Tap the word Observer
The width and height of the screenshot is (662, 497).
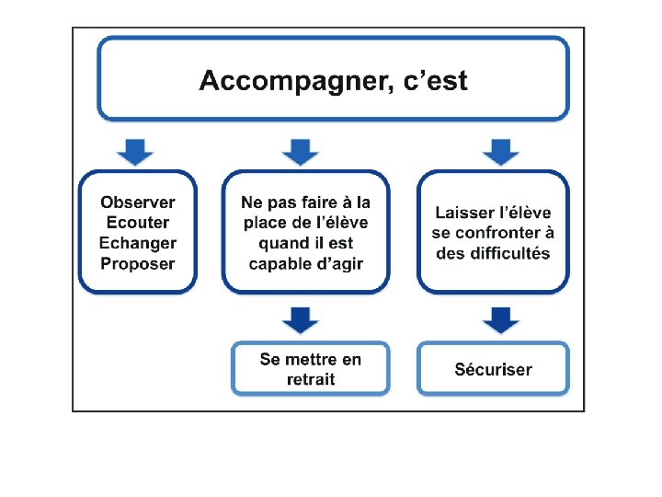[x=138, y=202]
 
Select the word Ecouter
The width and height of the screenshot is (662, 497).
[x=138, y=223]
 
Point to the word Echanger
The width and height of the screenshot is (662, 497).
[x=138, y=243]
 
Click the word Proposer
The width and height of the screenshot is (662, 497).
[x=138, y=263]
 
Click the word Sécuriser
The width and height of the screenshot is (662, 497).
[x=493, y=369]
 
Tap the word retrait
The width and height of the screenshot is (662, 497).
[x=311, y=379]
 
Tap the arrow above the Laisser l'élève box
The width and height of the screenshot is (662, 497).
[x=500, y=150]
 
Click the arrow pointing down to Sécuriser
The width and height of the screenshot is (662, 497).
[x=500, y=319]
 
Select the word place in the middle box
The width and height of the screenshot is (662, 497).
[x=264, y=223]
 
